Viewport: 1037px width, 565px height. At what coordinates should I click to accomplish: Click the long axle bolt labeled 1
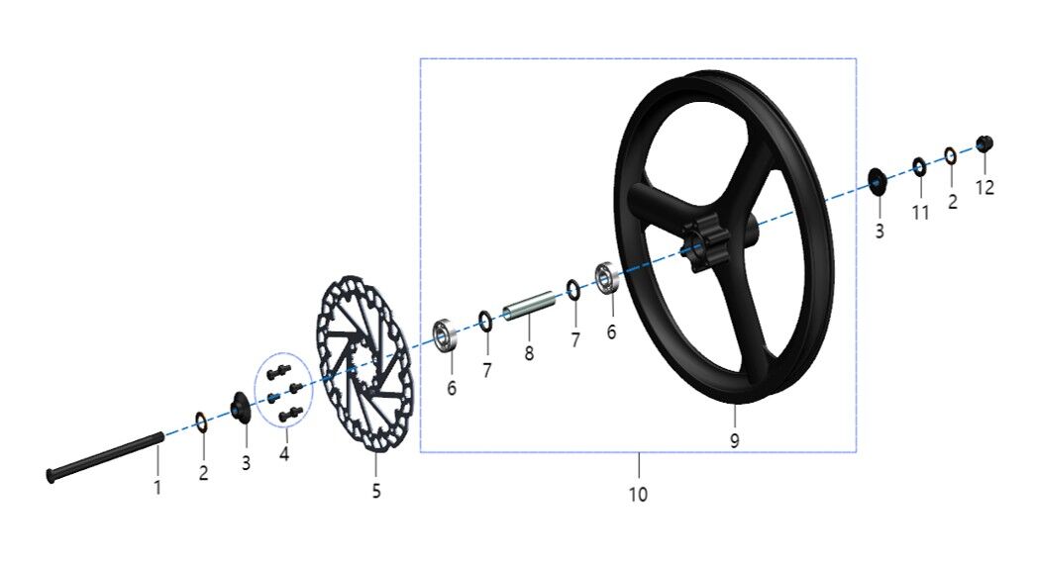coord(104,458)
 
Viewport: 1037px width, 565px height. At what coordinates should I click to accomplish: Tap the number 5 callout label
coord(376,491)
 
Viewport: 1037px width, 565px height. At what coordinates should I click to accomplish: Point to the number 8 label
coord(530,353)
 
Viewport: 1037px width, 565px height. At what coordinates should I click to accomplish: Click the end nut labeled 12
coord(984,143)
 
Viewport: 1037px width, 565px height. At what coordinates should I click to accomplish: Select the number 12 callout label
coord(985,186)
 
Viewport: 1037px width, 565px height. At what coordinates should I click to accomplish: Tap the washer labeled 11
coord(920,165)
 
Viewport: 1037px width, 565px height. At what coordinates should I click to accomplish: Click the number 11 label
coord(921,213)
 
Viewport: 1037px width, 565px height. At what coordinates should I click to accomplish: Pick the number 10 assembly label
coord(639,494)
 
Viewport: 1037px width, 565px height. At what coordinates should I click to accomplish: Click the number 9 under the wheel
coord(734,441)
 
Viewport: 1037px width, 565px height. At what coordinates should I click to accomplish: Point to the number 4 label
coord(285,455)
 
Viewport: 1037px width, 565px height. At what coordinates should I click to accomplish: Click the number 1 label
coord(156,487)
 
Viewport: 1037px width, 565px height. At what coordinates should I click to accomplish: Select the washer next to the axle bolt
coord(201,423)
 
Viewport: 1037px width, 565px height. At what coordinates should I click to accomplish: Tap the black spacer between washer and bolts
coord(239,407)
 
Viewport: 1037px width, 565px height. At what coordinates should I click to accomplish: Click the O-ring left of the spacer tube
coord(485,320)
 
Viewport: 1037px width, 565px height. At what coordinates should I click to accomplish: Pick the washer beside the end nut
coord(951,155)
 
